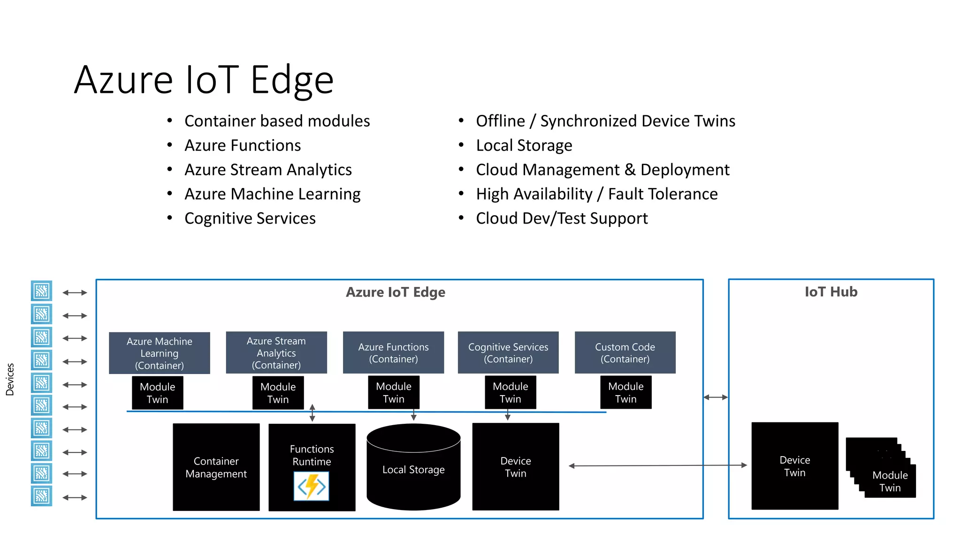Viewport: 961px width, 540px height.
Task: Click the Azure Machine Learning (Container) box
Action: tap(159, 353)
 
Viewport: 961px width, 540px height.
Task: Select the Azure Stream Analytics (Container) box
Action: tap(276, 352)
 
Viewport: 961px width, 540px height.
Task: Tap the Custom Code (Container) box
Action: tap(625, 352)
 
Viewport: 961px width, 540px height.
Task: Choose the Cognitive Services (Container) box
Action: tap(508, 352)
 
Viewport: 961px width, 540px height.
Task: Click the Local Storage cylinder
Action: tap(413, 469)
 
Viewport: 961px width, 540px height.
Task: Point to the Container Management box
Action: tap(216, 467)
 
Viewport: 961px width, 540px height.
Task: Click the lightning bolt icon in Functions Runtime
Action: tap(312, 486)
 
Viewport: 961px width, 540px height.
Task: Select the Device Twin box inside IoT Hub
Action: tap(794, 466)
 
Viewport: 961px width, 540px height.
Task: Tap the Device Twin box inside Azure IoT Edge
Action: tap(515, 467)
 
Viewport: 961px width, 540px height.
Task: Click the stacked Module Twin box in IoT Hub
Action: tap(890, 481)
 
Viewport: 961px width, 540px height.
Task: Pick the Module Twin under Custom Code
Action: tap(625, 392)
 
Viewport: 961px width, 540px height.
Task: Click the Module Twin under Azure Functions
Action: tap(393, 392)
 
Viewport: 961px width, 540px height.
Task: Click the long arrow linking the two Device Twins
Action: tap(657, 465)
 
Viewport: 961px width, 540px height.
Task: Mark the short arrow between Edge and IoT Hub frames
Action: tap(716, 397)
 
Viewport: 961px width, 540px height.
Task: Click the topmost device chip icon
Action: tap(41, 291)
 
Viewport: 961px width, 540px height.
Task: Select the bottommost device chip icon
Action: tap(41, 496)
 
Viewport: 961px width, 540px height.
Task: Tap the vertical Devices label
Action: tap(10, 379)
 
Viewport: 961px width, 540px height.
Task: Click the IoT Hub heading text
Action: tap(831, 292)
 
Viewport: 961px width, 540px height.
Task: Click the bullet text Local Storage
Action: tap(524, 145)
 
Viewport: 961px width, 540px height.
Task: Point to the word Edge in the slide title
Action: tap(292, 80)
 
